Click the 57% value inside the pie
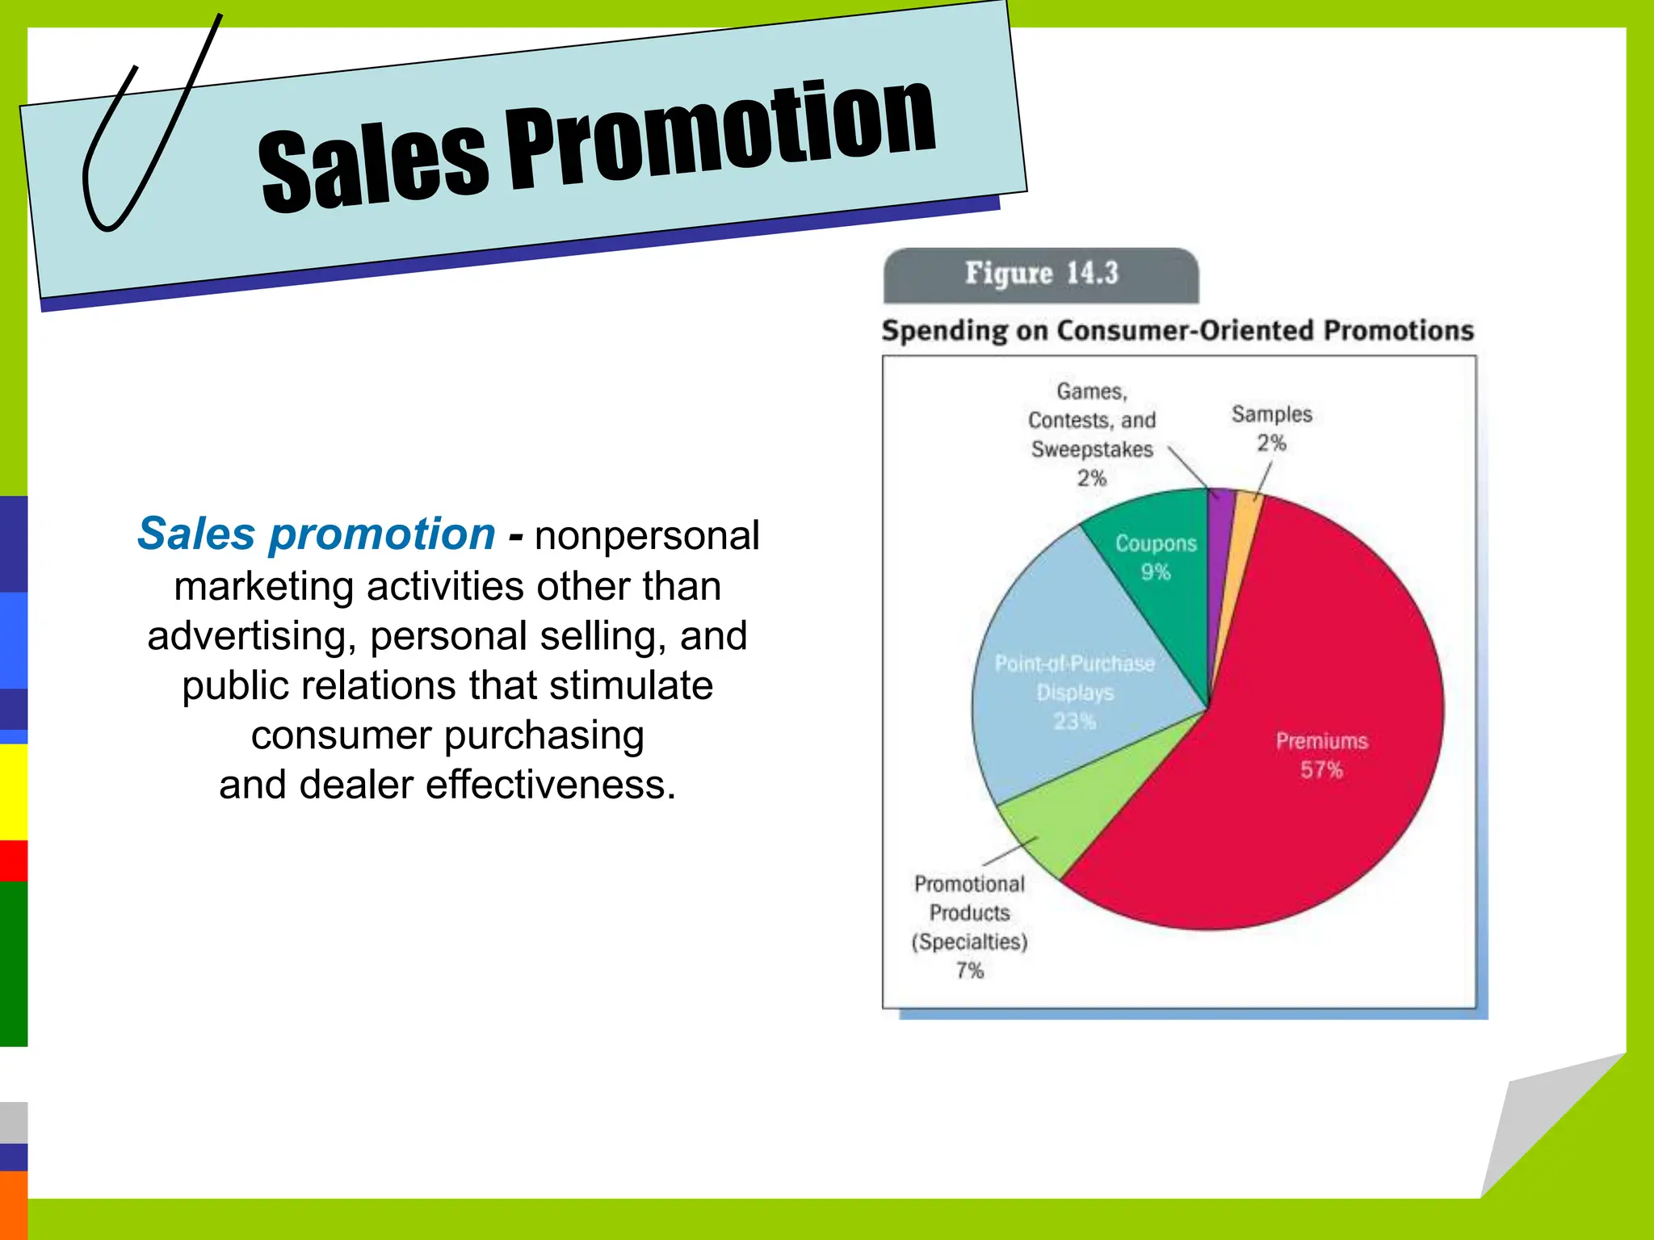coord(1321,770)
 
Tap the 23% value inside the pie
coord(1074,721)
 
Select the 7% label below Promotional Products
coord(970,970)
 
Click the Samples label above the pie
coord(1271,414)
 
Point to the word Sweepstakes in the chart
coord(1092,450)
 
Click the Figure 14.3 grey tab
coord(1041,274)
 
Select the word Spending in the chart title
coord(944,331)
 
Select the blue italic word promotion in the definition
coord(382,534)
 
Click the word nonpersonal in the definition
coord(647,536)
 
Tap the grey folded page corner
coord(1534,1130)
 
